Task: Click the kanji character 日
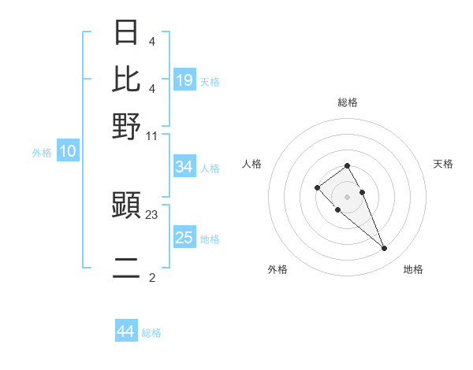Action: point(127,33)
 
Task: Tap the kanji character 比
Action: point(127,79)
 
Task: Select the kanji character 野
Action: point(127,125)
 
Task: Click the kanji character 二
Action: point(127,268)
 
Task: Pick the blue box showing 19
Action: point(184,80)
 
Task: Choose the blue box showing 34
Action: point(184,167)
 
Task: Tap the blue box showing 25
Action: point(184,238)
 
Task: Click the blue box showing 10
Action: point(68,152)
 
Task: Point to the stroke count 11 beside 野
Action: point(152,135)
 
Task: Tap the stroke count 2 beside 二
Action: point(152,277)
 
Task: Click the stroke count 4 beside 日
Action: point(151,41)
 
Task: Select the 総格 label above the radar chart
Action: point(348,102)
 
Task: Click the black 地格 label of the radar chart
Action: point(413,269)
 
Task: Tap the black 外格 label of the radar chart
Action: point(277,269)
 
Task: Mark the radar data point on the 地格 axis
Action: point(384,249)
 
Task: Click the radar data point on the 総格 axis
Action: point(347,165)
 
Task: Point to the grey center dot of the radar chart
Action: point(347,196)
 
